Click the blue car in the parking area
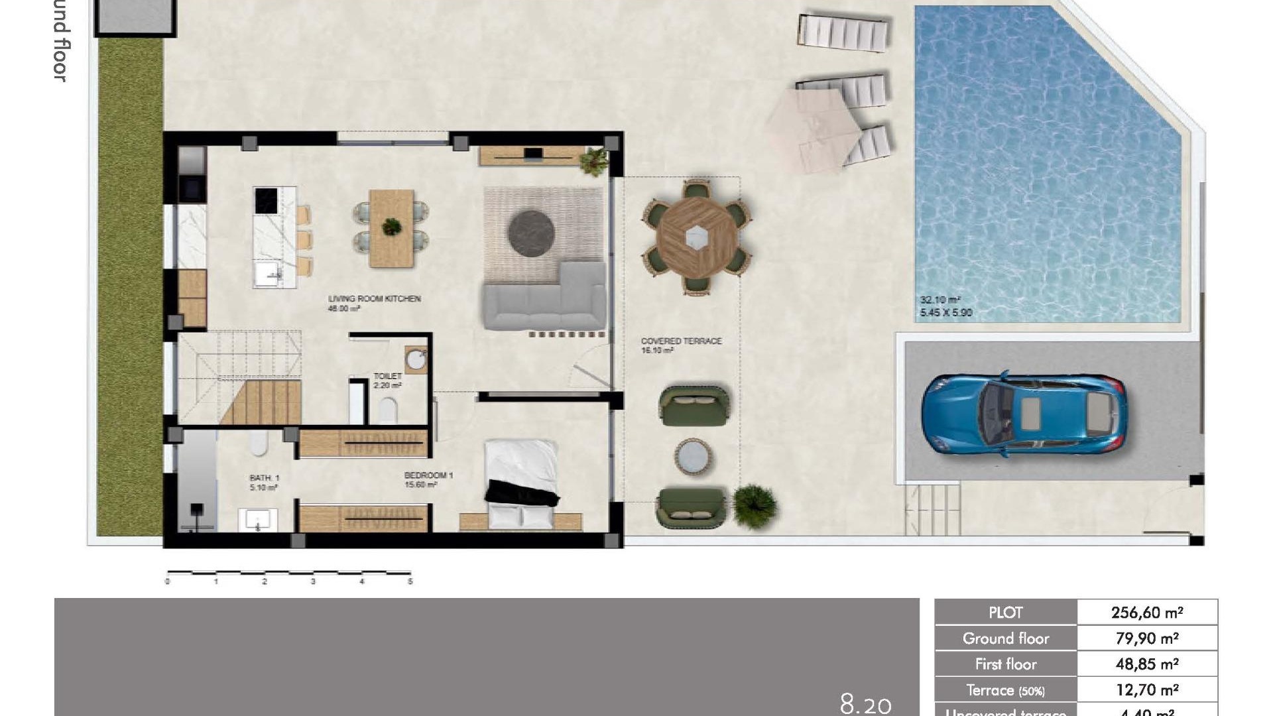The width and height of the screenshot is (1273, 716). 1023,416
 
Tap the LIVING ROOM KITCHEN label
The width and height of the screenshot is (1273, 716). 374,299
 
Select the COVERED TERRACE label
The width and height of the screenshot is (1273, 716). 681,341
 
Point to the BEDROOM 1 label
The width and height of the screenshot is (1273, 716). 428,475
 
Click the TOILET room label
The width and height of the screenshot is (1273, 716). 388,376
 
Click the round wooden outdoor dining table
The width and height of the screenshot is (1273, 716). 696,237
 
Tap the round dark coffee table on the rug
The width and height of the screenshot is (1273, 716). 531,232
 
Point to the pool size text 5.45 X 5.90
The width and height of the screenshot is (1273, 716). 945,312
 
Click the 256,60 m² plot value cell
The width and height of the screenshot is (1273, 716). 1146,612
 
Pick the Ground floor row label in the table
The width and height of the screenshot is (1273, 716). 1005,638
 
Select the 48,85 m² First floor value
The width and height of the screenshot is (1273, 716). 1146,664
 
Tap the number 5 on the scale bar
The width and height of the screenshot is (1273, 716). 410,581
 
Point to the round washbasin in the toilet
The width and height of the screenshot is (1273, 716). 416,360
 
